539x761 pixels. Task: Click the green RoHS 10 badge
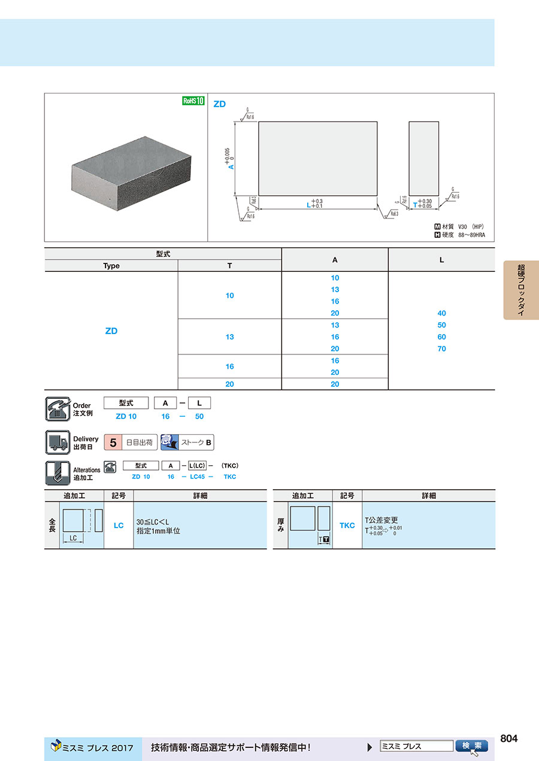(193, 101)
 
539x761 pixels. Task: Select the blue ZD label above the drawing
(220, 104)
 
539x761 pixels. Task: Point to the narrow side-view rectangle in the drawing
(423, 158)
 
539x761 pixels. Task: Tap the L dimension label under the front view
(308, 205)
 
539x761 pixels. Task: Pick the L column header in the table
(441, 260)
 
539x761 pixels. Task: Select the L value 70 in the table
(441, 348)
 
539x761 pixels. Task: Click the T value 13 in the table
(229, 336)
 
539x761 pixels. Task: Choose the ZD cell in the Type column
(111, 331)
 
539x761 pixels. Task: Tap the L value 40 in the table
(441, 313)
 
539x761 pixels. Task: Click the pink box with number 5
(113, 443)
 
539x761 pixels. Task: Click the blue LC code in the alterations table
(119, 525)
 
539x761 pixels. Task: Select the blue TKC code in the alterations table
(347, 525)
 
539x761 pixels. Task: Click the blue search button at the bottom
(472, 746)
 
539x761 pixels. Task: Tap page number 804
(508, 738)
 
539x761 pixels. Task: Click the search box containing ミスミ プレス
(416, 746)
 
